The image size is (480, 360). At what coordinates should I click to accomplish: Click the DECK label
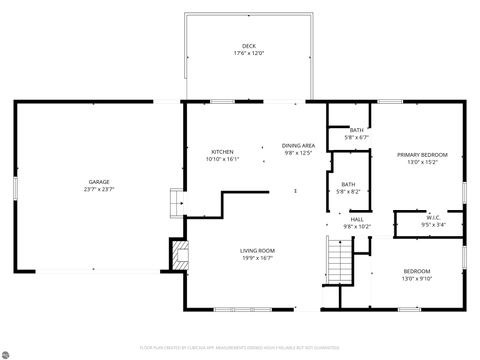(248, 47)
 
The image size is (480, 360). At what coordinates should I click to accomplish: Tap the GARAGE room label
(98, 181)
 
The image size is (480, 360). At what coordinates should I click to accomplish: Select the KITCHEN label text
(222, 152)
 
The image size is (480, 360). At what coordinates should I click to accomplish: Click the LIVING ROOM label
(257, 250)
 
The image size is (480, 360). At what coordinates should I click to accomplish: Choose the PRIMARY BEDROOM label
(422, 155)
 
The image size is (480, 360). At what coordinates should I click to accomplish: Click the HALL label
(357, 219)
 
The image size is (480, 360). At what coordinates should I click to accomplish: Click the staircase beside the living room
(341, 263)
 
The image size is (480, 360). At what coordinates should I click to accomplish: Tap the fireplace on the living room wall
(178, 254)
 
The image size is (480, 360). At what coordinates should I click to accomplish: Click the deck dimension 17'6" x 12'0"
(248, 54)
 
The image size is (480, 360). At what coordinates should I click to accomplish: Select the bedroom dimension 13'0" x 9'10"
(417, 279)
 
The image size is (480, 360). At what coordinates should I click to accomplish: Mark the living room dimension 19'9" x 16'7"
(257, 257)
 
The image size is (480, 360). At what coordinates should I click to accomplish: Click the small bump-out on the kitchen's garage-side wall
(176, 203)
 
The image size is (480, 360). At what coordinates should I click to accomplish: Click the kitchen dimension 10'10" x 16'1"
(222, 159)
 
